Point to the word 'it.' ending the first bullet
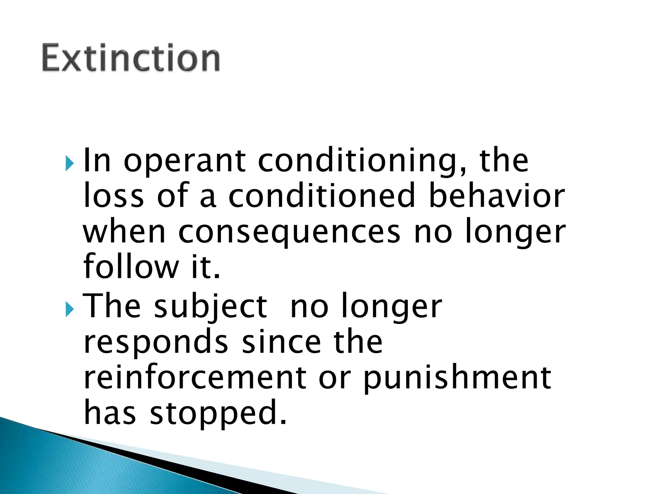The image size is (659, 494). (x=206, y=267)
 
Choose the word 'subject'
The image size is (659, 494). (x=210, y=307)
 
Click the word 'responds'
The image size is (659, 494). (x=156, y=343)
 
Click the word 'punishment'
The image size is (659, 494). (x=457, y=378)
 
